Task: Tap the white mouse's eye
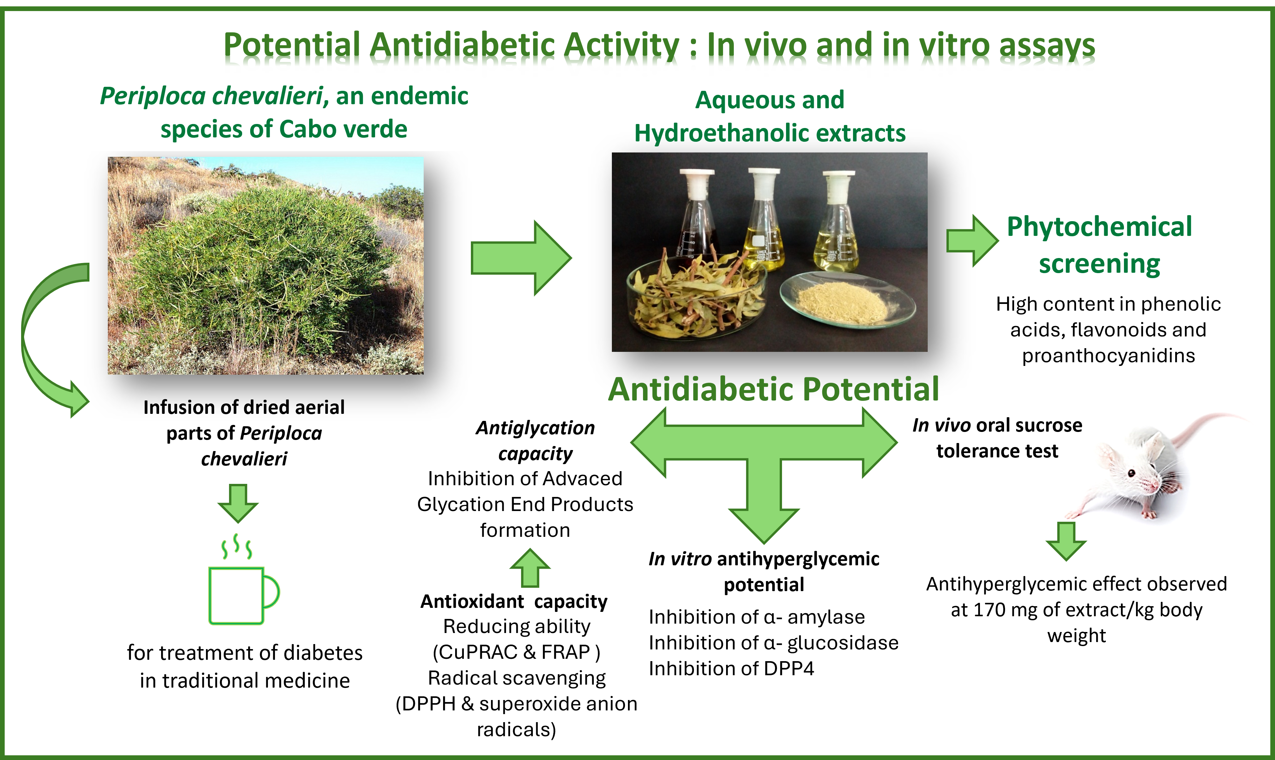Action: click(x=1132, y=473)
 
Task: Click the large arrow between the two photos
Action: click(x=521, y=258)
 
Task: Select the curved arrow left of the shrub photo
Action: click(x=51, y=338)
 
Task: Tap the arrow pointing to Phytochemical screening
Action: click(x=972, y=241)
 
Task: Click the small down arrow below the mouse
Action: click(x=1066, y=541)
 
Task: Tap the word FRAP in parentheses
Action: click(x=566, y=652)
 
